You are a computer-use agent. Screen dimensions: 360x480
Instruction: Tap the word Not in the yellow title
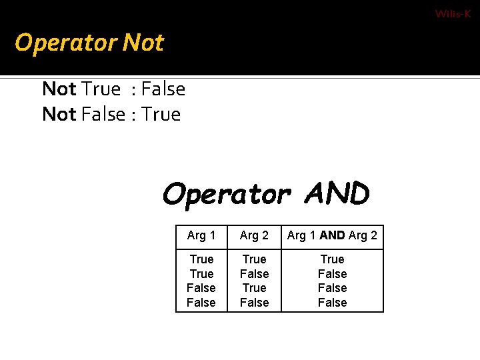tap(143, 43)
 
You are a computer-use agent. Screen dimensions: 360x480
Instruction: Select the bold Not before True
tap(59, 89)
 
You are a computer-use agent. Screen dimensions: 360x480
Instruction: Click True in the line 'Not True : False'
tap(101, 89)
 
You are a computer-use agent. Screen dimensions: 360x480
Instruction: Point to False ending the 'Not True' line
tap(163, 89)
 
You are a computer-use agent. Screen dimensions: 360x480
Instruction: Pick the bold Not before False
tap(59, 114)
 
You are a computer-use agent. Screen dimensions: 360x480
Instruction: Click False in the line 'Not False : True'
tap(103, 114)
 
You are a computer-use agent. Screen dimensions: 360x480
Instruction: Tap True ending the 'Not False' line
tap(161, 114)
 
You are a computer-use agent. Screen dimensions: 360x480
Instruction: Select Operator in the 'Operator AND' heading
tap(226, 195)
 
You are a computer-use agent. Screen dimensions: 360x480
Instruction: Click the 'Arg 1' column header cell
tap(201, 235)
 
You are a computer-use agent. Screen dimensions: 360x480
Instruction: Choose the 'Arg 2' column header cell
tap(254, 235)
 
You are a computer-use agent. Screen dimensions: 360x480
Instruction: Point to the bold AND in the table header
tap(332, 235)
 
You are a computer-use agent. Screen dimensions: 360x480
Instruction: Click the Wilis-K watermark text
tap(453, 14)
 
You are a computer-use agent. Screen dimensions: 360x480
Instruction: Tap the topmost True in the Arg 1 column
tap(201, 259)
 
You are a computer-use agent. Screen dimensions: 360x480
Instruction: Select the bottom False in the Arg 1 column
tap(201, 303)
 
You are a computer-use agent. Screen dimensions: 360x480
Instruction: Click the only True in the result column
tap(332, 259)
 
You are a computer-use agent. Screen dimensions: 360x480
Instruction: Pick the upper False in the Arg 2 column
tap(254, 274)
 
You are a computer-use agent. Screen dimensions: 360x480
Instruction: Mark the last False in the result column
tap(332, 303)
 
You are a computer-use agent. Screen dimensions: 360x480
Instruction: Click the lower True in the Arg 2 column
tap(254, 288)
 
